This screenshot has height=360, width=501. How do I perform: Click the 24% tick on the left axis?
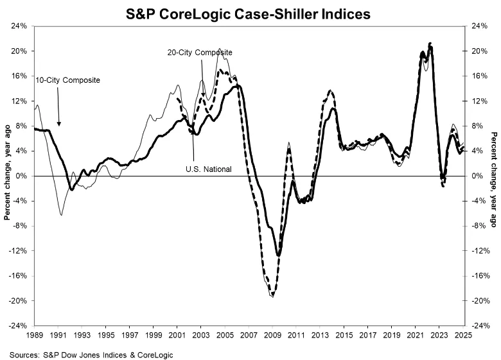[18, 26]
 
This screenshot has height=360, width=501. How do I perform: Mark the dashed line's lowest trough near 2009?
[272, 295]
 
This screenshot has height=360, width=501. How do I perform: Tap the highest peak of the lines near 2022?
[430, 44]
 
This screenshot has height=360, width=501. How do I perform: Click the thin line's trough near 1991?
[61, 214]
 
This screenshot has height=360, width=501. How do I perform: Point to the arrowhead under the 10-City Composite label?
[58, 123]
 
